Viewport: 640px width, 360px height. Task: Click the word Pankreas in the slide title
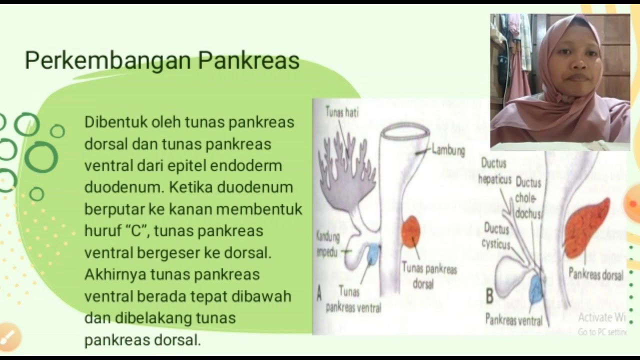[x=248, y=61]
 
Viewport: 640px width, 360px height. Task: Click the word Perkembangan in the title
[x=107, y=61]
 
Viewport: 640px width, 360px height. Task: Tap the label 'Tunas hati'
[x=342, y=112]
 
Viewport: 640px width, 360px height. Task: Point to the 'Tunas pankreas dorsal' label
[x=429, y=276]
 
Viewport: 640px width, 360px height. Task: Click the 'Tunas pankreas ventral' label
[x=353, y=299]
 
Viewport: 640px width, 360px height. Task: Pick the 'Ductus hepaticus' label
[x=494, y=171]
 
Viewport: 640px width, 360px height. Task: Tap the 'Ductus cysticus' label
[x=496, y=236]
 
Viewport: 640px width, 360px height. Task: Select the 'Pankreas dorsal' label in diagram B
[x=596, y=274]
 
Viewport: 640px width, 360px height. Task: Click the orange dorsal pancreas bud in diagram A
[x=410, y=231]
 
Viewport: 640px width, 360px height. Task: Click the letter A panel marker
[x=319, y=293]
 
